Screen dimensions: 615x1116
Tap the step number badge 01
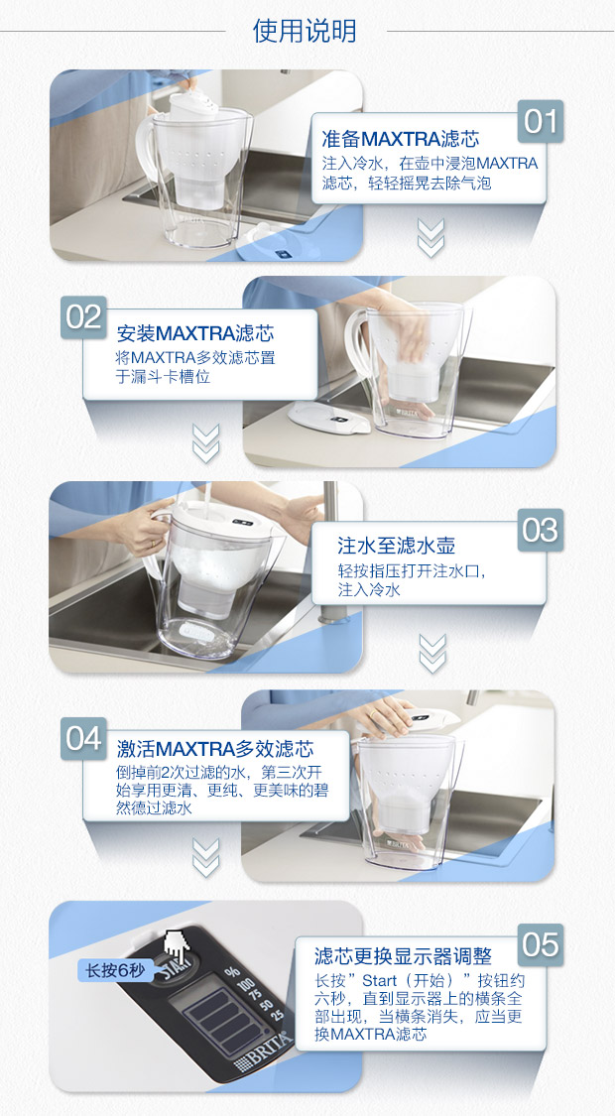point(541,121)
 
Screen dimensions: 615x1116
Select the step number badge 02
point(84,317)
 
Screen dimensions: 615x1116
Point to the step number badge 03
point(541,531)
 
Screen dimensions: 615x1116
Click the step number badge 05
point(541,945)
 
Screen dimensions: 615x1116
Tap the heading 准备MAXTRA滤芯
point(400,138)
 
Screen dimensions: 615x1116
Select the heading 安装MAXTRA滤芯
point(195,333)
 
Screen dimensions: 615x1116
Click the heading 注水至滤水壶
point(397,546)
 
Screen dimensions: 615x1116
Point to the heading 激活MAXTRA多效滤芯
point(215,749)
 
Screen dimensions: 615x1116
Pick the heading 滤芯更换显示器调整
point(403,955)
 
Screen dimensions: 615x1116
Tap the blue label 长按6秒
point(115,970)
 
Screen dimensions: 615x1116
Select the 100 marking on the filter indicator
point(246,985)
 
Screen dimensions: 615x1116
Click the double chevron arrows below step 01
point(430,238)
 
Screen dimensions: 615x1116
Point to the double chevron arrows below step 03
point(432,654)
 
